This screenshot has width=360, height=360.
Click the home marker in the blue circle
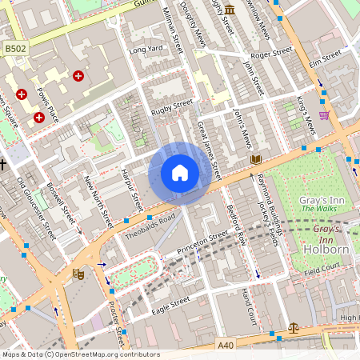180,173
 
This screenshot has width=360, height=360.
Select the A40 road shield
228,346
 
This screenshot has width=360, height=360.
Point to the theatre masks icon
78,274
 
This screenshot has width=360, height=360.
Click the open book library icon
256,160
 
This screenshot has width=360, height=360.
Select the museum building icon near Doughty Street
230,10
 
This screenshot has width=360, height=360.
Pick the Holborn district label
326,249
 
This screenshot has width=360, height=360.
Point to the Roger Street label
271,54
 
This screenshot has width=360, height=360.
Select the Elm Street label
325,58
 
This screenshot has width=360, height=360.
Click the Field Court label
325,273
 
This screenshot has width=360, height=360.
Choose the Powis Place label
50,105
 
